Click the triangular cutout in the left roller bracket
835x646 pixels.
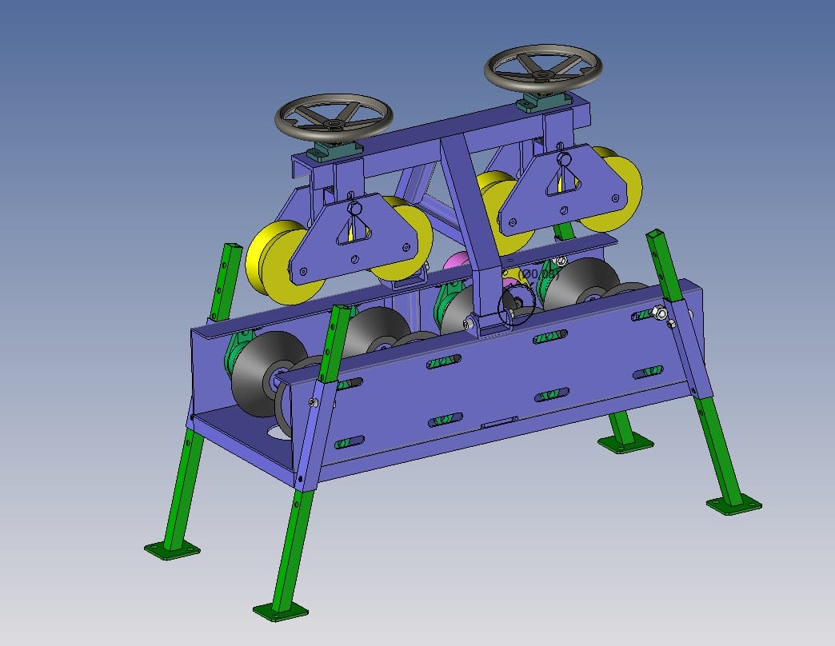click(x=355, y=232)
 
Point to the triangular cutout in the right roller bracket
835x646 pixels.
click(x=564, y=184)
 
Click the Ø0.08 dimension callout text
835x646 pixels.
click(x=538, y=274)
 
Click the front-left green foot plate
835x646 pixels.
click(x=172, y=549)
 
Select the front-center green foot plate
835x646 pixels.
click(x=280, y=610)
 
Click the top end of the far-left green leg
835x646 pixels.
click(x=230, y=247)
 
